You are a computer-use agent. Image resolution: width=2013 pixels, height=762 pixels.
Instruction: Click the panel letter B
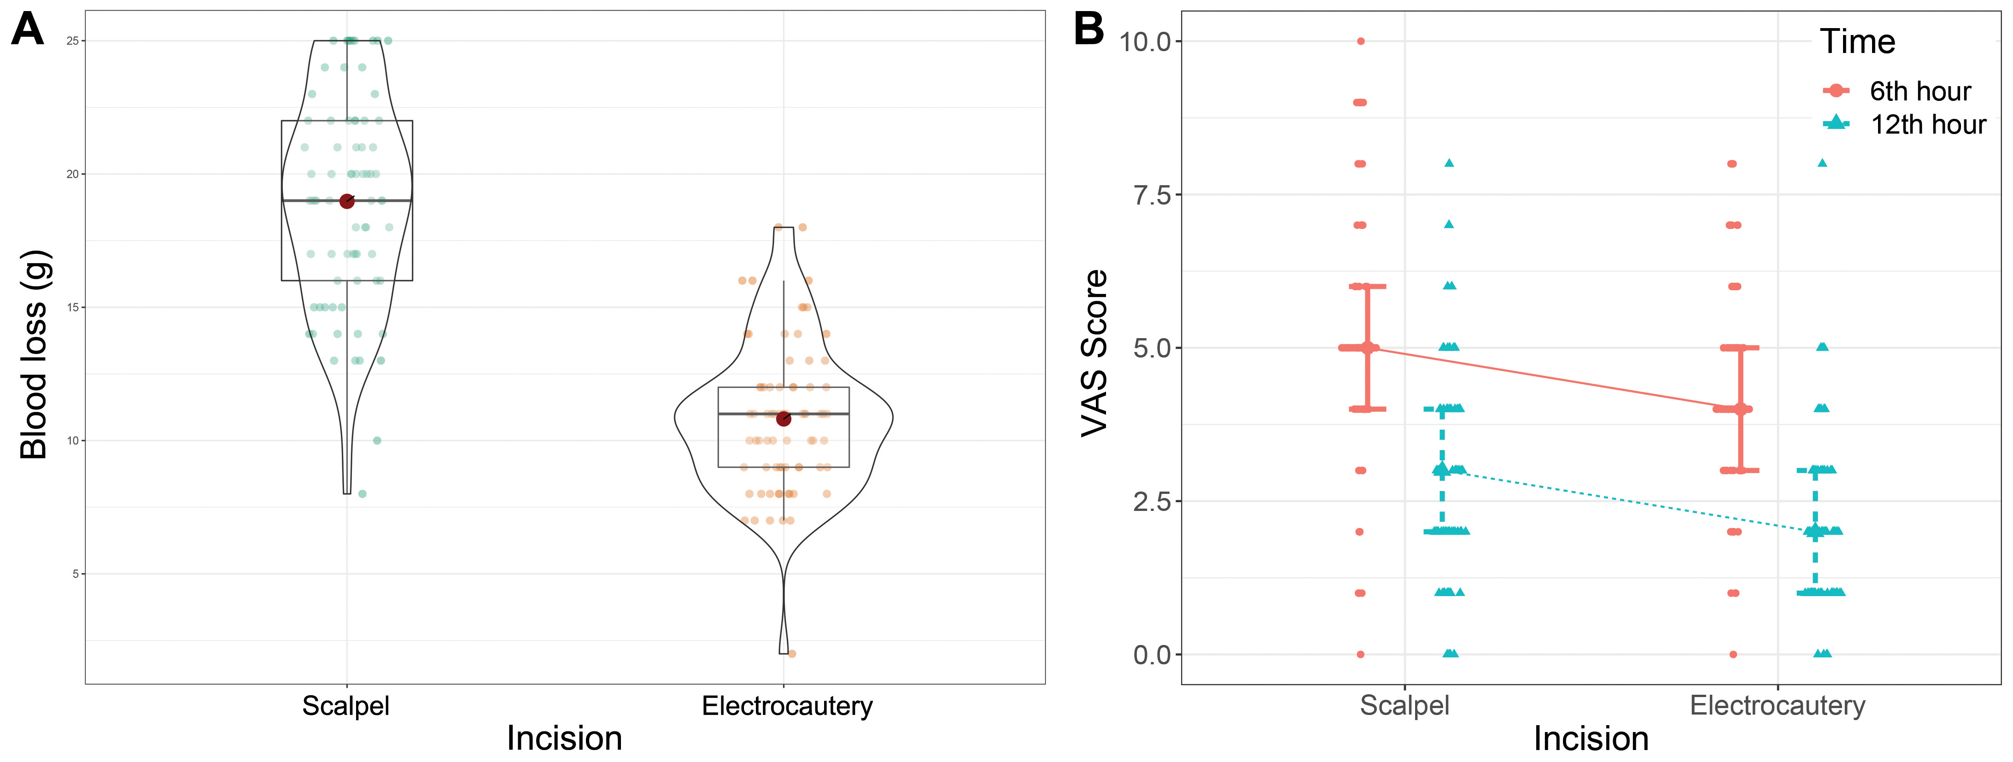tap(1088, 29)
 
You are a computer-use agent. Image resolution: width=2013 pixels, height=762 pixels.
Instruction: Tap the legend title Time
tap(1857, 41)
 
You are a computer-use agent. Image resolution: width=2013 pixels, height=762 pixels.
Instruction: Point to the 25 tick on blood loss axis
tap(73, 41)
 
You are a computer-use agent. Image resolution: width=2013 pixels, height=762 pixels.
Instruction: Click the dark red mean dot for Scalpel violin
tap(347, 202)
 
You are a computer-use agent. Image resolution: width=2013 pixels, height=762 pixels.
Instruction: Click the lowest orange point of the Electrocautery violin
tap(791, 653)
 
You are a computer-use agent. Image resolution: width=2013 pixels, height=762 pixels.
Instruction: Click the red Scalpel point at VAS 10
tap(1360, 41)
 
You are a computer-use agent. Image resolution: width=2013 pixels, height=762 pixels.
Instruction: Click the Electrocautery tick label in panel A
tap(787, 706)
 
